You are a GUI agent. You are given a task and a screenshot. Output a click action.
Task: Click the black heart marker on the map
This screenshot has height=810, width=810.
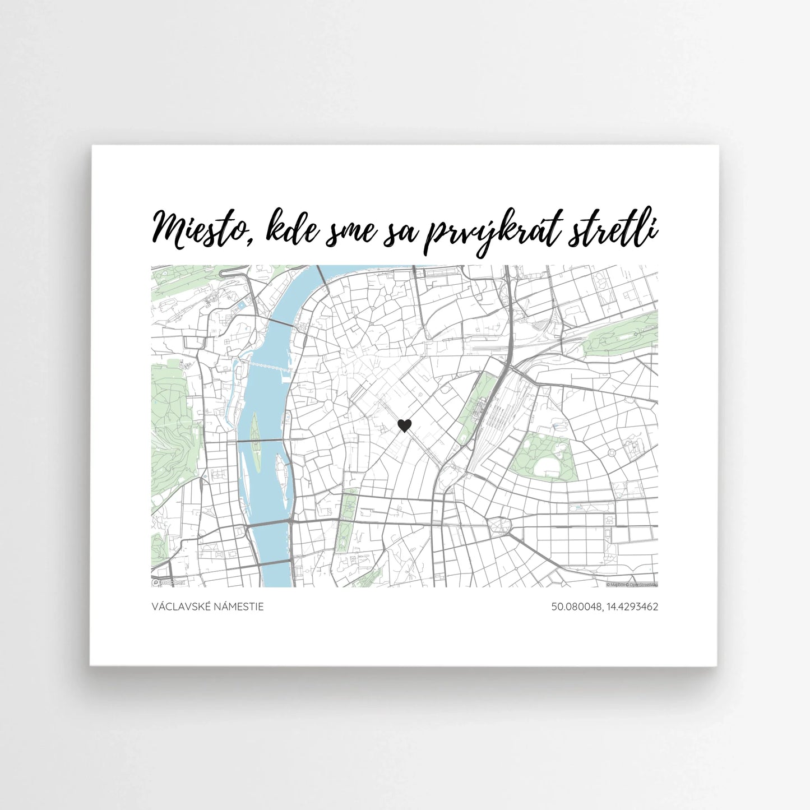404,426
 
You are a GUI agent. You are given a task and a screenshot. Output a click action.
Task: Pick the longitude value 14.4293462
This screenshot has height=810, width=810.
630,607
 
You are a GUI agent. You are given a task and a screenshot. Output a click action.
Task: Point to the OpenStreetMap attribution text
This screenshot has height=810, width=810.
644,585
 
